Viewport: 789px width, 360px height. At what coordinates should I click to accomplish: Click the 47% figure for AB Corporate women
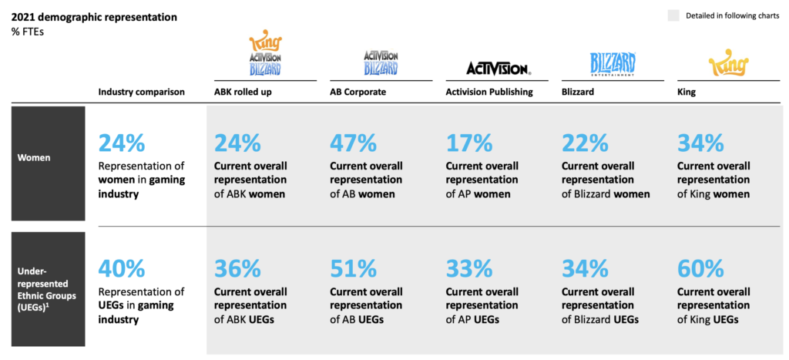(353, 143)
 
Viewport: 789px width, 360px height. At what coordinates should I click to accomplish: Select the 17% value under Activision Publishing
(468, 143)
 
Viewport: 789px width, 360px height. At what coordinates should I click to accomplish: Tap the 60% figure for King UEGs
(700, 269)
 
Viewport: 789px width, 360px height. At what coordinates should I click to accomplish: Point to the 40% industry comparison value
(122, 269)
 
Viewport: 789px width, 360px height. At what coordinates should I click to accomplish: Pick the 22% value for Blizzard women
(585, 143)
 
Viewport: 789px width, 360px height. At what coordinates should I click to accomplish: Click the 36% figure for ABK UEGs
(237, 269)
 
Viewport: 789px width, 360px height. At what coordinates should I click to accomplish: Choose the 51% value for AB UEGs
(353, 269)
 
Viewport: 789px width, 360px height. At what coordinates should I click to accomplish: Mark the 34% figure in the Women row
(700, 143)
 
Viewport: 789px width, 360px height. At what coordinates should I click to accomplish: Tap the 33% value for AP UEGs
(468, 269)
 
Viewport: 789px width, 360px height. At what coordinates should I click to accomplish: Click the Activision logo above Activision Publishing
(498, 69)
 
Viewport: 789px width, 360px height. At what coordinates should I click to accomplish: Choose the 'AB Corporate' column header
(358, 92)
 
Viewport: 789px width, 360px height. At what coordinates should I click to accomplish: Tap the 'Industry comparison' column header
(142, 92)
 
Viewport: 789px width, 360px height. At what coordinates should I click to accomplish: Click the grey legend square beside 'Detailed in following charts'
(673, 15)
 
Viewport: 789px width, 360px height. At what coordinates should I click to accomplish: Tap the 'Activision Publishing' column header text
(489, 92)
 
